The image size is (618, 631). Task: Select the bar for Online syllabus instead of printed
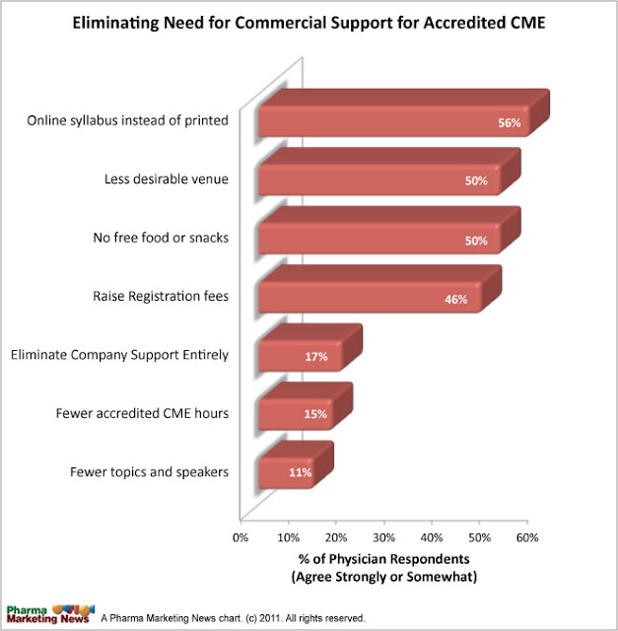[394, 120]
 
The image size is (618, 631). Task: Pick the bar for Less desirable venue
[379, 179]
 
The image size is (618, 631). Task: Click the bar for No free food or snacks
[379, 239]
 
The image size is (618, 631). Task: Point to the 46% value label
[455, 300]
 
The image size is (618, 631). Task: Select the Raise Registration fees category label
[161, 295]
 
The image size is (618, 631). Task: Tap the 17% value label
[315, 357]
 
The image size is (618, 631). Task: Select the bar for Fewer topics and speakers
[286, 472]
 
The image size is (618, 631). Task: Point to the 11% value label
[300, 473]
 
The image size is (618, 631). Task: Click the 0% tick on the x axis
[240, 537]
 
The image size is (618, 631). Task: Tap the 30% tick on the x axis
[384, 537]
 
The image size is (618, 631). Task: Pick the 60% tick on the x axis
[528, 537]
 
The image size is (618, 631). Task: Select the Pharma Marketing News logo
[49, 610]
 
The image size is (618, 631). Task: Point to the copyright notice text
[233, 618]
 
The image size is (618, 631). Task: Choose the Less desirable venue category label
[167, 178]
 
